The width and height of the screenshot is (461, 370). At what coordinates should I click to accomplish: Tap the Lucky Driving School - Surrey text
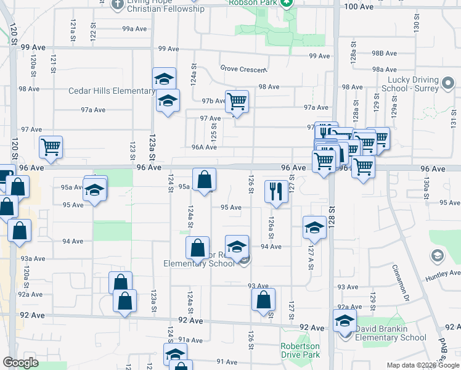413,84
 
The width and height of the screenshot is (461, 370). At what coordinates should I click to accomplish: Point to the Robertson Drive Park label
300,350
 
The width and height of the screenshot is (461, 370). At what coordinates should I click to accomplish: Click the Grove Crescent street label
243,68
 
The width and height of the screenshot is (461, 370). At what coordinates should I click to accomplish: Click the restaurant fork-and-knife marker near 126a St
275,191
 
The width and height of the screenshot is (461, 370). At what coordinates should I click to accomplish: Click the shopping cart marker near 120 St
51,147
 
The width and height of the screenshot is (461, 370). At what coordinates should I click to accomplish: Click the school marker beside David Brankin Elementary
345,320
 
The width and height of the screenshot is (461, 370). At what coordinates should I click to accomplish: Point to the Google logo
20,363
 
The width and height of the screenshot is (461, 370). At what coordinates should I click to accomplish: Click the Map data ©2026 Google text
422,365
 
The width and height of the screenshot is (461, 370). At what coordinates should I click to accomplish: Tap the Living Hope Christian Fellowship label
165,6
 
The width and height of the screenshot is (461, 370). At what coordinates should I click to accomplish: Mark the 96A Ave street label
203,147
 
